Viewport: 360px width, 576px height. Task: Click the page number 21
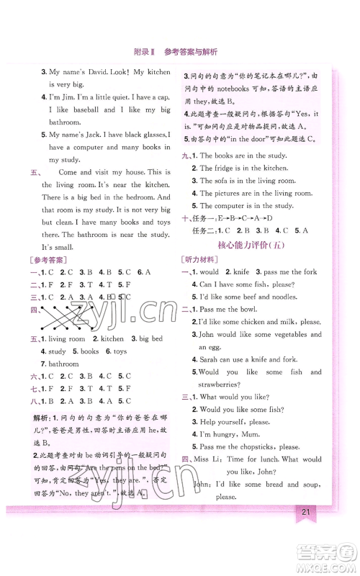coord(306,513)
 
